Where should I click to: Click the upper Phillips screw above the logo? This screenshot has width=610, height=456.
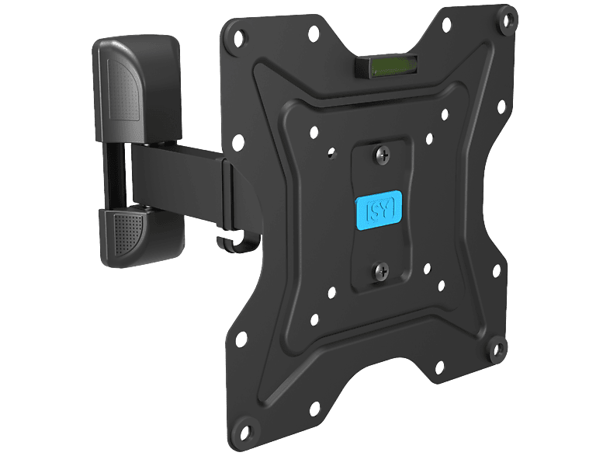(x=383, y=156)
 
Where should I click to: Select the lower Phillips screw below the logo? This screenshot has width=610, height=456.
(x=381, y=270)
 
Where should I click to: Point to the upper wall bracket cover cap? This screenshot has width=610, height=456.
(x=137, y=88)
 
